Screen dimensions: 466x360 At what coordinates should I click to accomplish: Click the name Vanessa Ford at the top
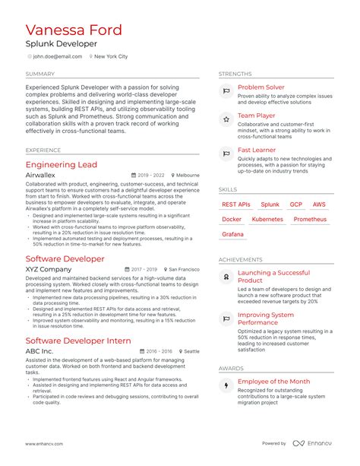point(73,31)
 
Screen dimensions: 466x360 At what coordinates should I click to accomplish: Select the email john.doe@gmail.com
point(52,56)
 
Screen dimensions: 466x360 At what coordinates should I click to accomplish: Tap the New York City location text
point(111,56)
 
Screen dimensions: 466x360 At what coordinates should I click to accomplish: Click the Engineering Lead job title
point(62,164)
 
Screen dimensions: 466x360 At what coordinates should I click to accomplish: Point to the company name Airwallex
point(40,175)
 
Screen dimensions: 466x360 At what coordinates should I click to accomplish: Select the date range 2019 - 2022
point(151,175)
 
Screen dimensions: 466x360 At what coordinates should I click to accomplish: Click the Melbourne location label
point(188,175)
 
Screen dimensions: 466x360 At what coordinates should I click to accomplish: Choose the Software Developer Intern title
point(78,341)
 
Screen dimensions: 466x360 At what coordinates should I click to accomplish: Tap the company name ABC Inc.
point(39,351)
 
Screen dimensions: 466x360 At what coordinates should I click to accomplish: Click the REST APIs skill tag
point(236,204)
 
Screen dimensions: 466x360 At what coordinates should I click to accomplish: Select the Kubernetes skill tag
point(267,220)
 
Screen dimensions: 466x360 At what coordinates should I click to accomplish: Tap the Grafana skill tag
point(232,234)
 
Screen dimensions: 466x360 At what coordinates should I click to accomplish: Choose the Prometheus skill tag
point(310,220)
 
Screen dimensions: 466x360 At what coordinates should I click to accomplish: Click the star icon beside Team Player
point(226,119)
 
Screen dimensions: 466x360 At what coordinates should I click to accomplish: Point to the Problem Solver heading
point(261,88)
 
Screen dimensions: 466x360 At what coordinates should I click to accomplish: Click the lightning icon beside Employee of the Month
point(226,386)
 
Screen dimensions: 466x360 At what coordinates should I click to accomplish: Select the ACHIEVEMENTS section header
point(241,259)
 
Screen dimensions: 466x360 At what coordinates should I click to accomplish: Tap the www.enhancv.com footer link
point(44,443)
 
